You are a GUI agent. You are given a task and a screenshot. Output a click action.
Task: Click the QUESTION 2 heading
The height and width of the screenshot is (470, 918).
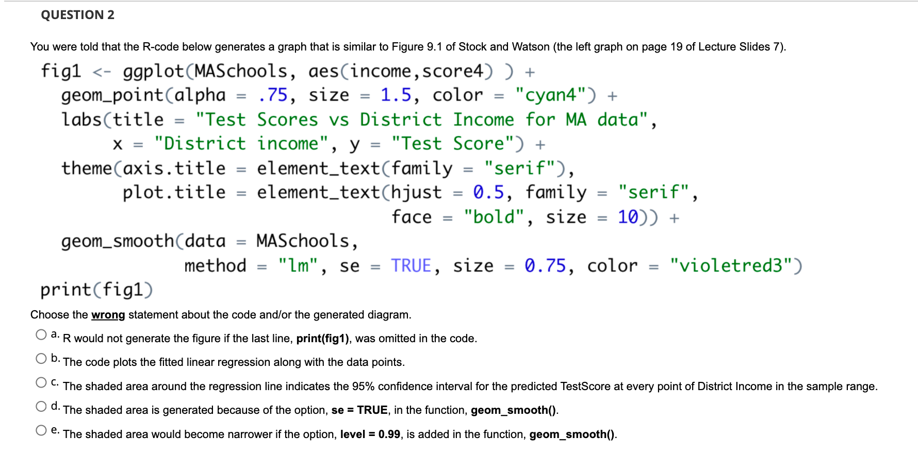point(77,15)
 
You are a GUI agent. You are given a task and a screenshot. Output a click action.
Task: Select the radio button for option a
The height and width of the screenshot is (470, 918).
point(41,335)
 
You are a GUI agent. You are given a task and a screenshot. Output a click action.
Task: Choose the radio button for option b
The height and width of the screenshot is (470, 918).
point(41,359)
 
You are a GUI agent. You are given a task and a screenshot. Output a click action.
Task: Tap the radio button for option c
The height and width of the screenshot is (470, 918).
point(41,382)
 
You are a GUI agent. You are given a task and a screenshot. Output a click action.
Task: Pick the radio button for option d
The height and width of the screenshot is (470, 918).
point(41,407)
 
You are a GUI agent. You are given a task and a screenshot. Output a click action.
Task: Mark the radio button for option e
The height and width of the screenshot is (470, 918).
point(41,430)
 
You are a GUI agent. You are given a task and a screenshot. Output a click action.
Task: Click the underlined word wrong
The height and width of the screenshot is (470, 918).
point(108,315)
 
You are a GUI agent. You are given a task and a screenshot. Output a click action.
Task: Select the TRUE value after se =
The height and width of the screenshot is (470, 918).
point(411,266)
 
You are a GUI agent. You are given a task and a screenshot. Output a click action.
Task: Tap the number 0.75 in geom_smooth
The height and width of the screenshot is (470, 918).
point(545,266)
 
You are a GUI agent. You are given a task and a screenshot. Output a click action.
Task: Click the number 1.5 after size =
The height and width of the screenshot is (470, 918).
point(396,95)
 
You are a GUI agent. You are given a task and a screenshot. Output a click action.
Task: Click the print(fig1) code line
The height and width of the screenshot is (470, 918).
point(96,290)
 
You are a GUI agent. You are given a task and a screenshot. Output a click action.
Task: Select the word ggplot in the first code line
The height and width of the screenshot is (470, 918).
point(153,71)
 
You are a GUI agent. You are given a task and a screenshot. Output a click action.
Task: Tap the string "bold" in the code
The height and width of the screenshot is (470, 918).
point(494,217)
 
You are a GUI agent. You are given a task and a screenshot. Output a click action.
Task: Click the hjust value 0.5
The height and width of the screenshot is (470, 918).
point(488,193)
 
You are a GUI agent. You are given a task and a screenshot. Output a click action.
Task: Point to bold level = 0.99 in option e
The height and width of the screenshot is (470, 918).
point(370,434)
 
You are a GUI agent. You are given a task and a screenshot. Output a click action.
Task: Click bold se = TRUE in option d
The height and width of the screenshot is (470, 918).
point(359,410)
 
